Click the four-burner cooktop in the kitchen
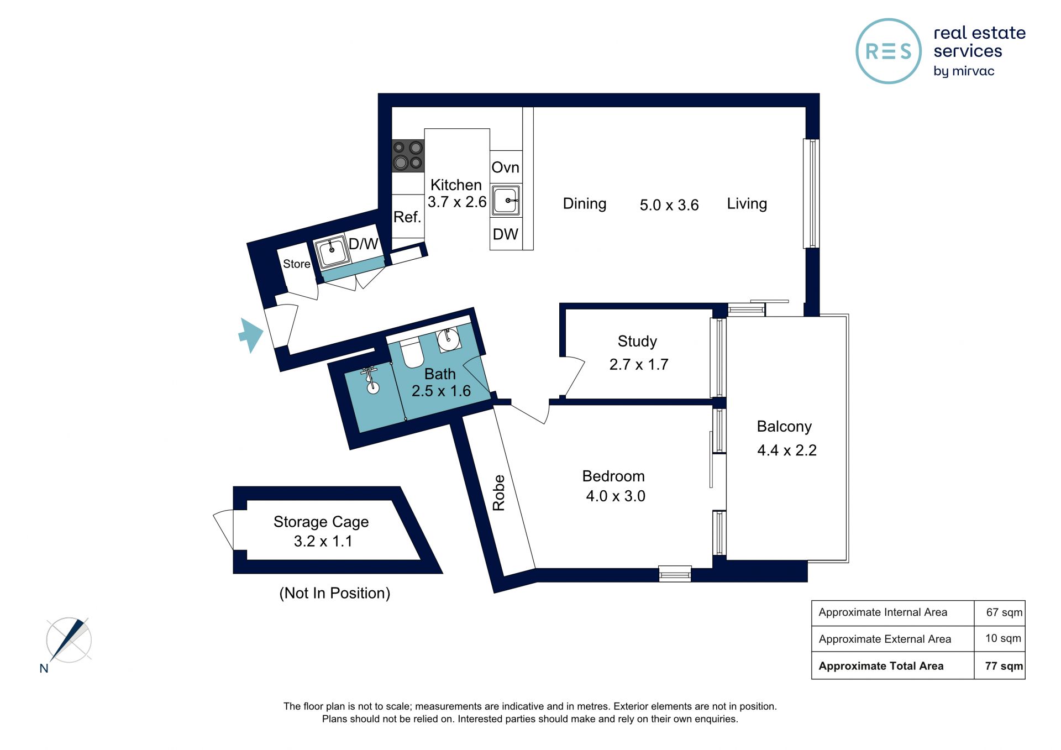coord(408,155)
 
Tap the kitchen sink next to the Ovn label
coord(506,200)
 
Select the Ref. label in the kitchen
coord(407,217)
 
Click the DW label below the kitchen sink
coord(506,234)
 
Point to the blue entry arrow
coord(251,335)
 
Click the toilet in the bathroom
coord(411,353)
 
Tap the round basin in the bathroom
coord(449,339)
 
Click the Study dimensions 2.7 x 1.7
coord(639,364)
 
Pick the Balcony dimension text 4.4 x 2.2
coord(787,450)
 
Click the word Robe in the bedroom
coord(499,492)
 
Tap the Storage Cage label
coord(321,522)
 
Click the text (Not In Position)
coord(335,593)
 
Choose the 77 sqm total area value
coord(1004,666)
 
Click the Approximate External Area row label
coord(885,639)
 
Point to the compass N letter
coord(44,668)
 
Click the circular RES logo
coord(889,51)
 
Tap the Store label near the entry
coord(297,264)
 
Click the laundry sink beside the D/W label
coord(332,253)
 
